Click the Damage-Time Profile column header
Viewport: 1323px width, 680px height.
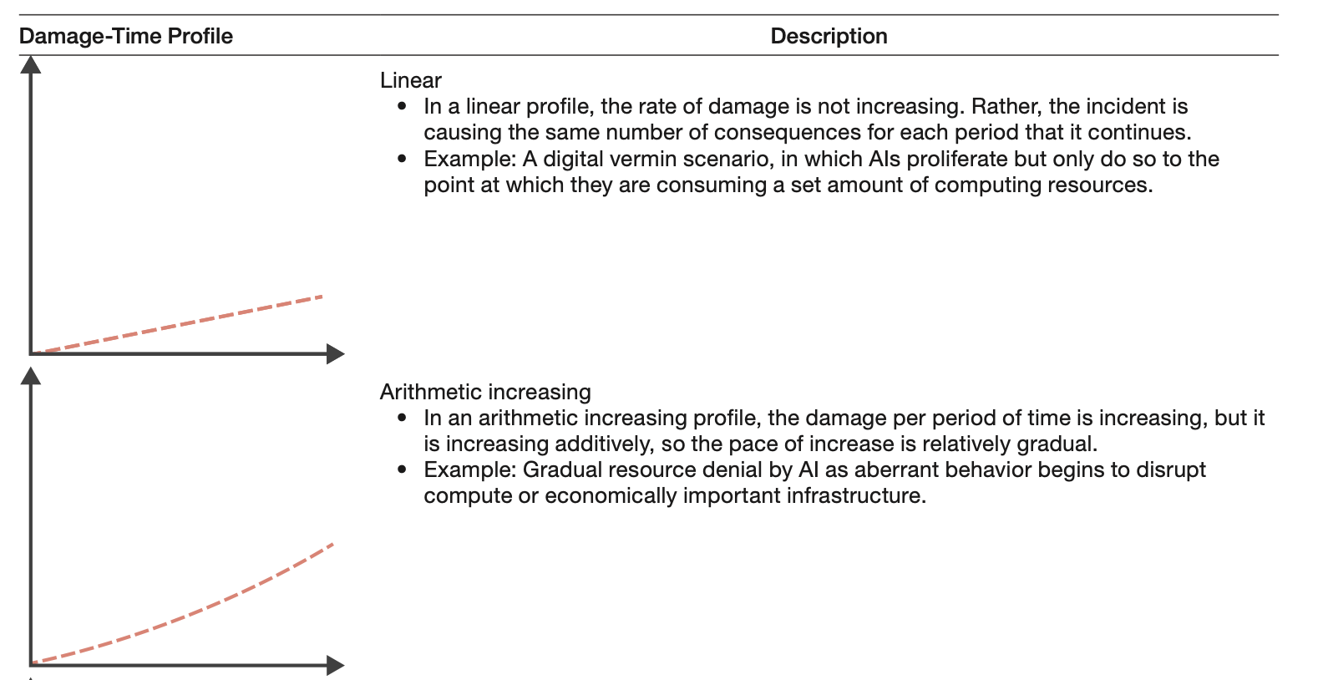(125, 36)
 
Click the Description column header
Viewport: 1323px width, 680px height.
(829, 36)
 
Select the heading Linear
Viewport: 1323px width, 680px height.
(410, 80)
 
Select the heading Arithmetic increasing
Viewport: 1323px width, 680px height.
(484, 392)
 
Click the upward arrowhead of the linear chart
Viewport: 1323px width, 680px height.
(31, 64)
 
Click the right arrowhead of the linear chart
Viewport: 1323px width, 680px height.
(335, 353)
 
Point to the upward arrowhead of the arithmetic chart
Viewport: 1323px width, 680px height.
(31, 376)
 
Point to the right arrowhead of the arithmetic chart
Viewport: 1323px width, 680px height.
(335, 665)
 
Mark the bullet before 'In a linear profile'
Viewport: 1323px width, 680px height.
(403, 107)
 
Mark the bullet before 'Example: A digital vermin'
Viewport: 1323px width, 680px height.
(403, 159)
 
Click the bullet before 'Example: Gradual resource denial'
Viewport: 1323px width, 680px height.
(403, 469)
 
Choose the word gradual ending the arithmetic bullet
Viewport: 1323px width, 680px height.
(1055, 444)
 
